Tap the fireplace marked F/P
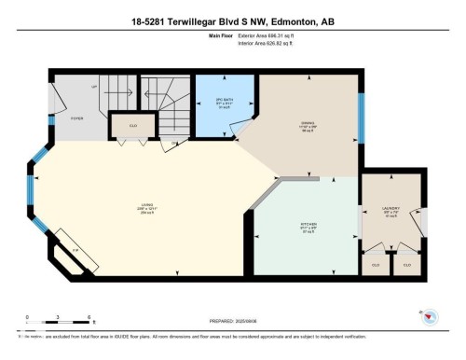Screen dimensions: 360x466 (x=76, y=251)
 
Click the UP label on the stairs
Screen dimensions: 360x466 (x=94, y=88)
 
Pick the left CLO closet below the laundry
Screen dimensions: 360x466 (x=374, y=265)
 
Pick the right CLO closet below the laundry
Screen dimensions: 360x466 (x=406, y=265)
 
